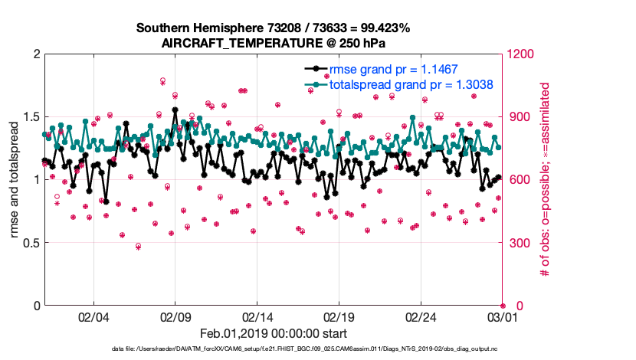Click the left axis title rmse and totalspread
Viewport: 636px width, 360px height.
coord(15,180)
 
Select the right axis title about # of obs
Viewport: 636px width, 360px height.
coord(546,180)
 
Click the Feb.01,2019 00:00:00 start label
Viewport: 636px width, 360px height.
coord(274,334)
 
